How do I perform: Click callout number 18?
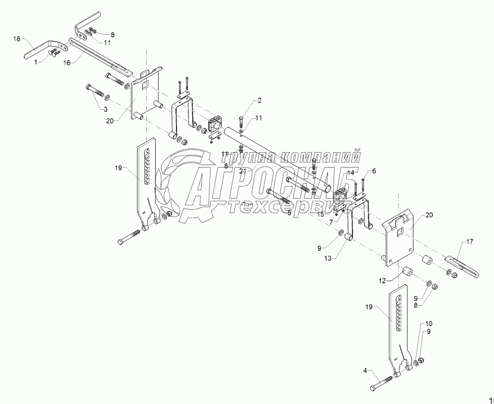tap(17, 39)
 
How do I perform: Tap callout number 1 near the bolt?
tap(36, 62)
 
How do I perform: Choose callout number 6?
tap(374, 171)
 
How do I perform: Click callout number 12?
tap(383, 281)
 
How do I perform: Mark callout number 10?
tap(429, 324)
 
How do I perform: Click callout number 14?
tap(350, 172)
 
